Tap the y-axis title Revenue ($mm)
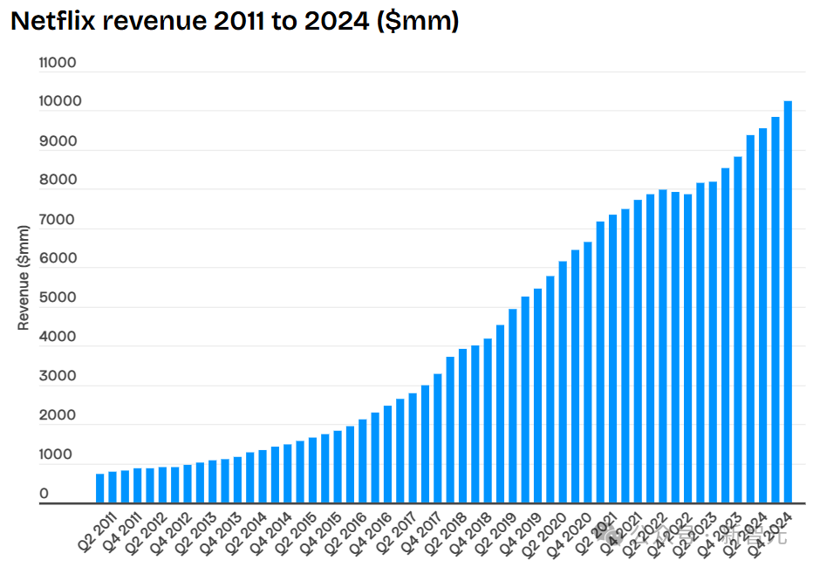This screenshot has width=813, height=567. [x=24, y=277]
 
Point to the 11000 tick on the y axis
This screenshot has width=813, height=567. [x=58, y=63]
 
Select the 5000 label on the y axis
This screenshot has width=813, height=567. [x=58, y=298]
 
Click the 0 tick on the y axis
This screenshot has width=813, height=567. [x=44, y=495]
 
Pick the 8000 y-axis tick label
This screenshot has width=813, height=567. [x=58, y=181]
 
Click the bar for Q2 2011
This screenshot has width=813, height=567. [x=100, y=488]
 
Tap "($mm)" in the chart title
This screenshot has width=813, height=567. [x=418, y=22]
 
